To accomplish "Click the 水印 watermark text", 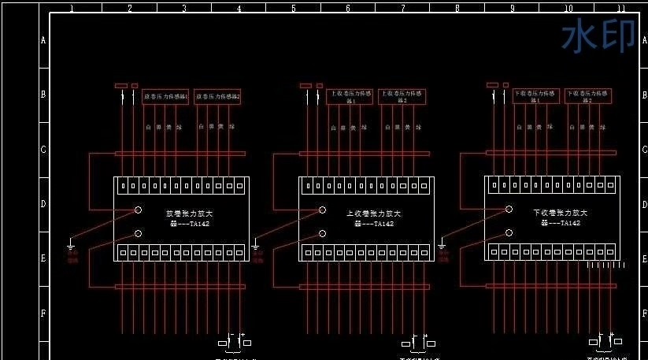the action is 598,36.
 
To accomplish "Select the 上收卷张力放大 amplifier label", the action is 374,213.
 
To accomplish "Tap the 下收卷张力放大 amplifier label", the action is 560,213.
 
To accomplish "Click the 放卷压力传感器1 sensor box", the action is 165,96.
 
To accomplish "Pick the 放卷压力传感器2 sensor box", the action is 218,96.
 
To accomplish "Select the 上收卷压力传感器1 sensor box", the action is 350,97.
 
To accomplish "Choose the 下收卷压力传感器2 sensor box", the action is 589,97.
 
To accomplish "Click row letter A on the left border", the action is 43,39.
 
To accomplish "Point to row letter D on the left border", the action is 43,203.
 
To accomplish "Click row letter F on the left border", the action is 43,313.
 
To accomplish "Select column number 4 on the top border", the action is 238,8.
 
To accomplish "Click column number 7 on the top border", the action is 402,8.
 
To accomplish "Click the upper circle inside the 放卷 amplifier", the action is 138,210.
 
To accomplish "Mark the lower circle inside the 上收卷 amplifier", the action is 322,233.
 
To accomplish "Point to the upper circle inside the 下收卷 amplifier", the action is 509,210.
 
